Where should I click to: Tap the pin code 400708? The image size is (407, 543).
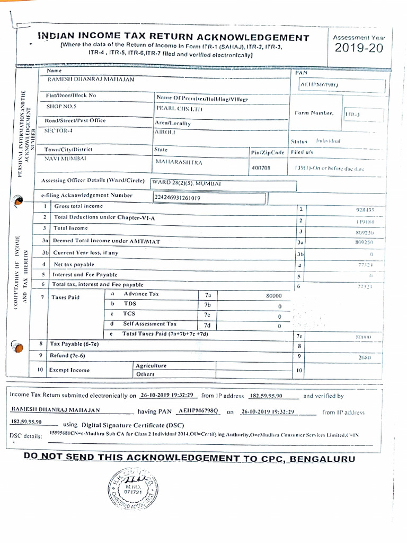[x=260, y=168]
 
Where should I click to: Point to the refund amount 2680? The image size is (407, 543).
[x=364, y=357]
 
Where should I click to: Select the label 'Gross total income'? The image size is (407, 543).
[x=78, y=206]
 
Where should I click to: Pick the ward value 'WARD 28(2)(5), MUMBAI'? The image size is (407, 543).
[x=187, y=183]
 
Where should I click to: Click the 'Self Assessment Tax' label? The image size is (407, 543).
[x=150, y=323]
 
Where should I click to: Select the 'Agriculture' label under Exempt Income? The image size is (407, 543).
[x=151, y=366]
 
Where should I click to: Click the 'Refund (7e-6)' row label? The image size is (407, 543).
[x=67, y=355]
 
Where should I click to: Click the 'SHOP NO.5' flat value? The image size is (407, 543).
[x=61, y=106]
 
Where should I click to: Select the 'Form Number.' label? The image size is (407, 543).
[x=314, y=113]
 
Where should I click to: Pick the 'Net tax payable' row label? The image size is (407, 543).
[x=74, y=264]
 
